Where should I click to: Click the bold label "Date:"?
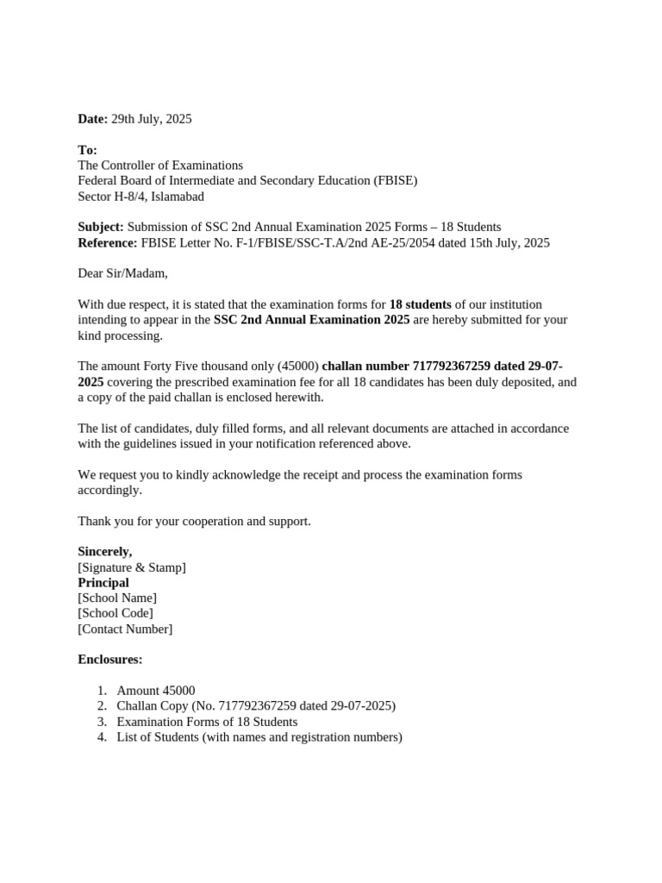(93, 119)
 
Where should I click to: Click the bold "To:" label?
(87, 150)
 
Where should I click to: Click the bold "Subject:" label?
(101, 228)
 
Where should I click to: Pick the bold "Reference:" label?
(108, 243)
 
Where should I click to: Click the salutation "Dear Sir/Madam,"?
(123, 274)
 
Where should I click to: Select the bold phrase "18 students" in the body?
(420, 304)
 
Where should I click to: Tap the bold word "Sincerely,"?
(105, 552)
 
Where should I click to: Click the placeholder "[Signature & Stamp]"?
(132, 567)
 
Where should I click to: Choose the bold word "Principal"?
(103, 583)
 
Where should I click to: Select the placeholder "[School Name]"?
(117, 598)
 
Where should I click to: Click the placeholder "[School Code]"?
(116, 613)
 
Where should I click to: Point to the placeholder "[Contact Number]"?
(125, 629)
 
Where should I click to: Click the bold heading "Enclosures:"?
(110, 660)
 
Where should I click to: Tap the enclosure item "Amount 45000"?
(156, 691)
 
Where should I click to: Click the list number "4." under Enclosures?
(102, 737)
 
